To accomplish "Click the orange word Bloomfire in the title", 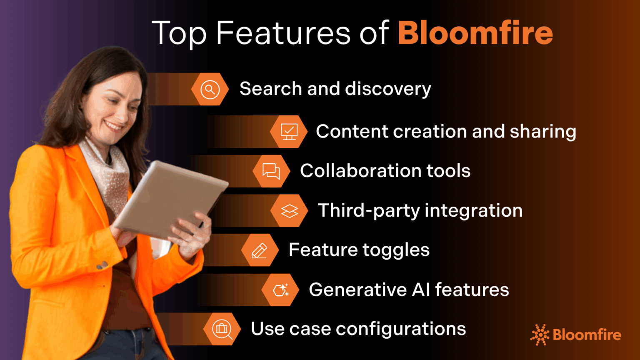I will pyautogui.click(x=475, y=33).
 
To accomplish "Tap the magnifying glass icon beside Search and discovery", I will pyautogui.click(x=210, y=89).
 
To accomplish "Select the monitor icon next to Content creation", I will pyautogui.click(x=289, y=132).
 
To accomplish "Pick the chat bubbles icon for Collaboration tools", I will pyautogui.click(x=271, y=171).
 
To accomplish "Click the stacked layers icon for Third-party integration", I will pyautogui.click(x=289, y=211).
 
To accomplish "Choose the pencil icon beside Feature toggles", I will pyautogui.click(x=260, y=250).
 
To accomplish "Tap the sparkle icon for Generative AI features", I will pyautogui.click(x=280, y=290).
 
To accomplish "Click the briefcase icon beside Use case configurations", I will pyautogui.click(x=222, y=329).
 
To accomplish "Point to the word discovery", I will pyautogui.click(x=388, y=89).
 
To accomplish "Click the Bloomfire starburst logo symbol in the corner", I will pyautogui.click(x=540, y=335).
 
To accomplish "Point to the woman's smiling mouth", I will pyautogui.click(x=113, y=125).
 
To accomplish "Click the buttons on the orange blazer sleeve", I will pyautogui.click(x=102, y=265).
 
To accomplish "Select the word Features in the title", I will pyautogui.click(x=283, y=33).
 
